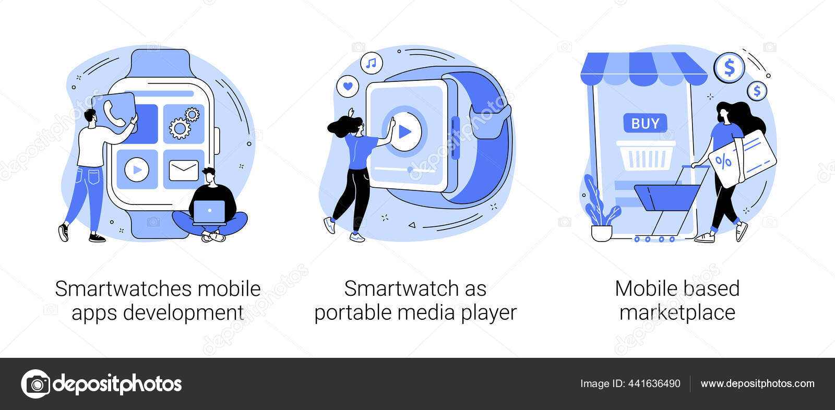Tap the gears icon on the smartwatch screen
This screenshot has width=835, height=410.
coord(184,123)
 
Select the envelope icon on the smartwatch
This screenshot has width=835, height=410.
coord(184,170)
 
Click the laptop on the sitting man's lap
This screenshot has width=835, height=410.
coord(209,211)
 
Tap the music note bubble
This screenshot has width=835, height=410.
coord(371,64)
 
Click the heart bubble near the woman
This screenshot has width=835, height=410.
coord(348,86)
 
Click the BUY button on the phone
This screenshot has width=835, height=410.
coord(645,124)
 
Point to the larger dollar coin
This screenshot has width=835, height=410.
coord(729,68)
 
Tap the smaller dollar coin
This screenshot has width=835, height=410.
coord(757,91)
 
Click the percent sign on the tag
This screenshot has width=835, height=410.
coord(723,161)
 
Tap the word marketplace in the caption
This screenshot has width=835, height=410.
coord(677,313)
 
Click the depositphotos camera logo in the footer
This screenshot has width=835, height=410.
coord(35,384)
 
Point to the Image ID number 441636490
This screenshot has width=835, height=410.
coord(654,384)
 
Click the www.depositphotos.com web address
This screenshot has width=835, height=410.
coord(757,384)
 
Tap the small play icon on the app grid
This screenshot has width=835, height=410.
coord(137,170)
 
